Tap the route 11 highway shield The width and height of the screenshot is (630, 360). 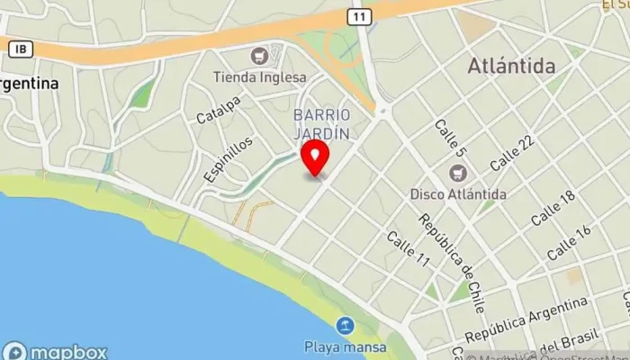pos(360,17)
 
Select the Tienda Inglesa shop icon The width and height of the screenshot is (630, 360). pos(260,56)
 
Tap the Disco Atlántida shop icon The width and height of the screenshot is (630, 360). pos(458,173)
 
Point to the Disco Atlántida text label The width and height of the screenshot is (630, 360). pos(458,193)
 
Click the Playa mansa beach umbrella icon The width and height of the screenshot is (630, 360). pos(345,326)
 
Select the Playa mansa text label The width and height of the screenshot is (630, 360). pos(345,346)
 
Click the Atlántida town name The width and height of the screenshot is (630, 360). pos(512,66)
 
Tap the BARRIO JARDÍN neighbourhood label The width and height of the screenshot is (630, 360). pos(321,123)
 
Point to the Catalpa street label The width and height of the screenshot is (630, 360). pos(219,112)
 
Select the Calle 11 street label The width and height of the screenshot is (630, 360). pos(408,249)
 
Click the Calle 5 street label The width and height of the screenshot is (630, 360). pos(449,139)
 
